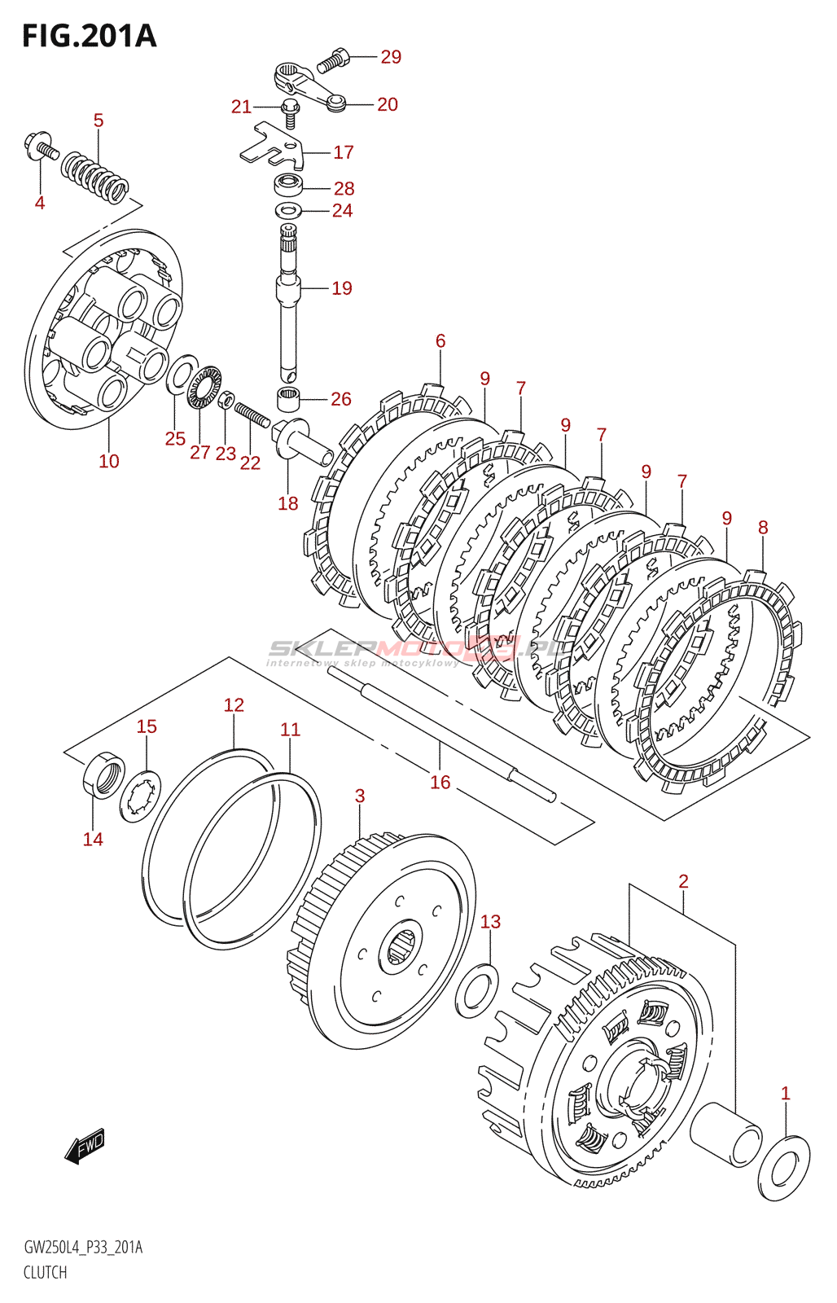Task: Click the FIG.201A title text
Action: point(89,36)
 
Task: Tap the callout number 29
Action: point(391,56)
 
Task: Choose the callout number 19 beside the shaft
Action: point(342,287)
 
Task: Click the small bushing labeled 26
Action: point(288,400)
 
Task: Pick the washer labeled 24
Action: point(287,211)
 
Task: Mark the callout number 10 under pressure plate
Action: point(108,461)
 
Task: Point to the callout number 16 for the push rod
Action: point(440,782)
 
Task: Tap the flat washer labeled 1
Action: point(784,1169)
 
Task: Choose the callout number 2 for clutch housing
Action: point(683,880)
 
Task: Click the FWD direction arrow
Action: point(85,1146)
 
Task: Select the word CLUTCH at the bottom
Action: point(45,1272)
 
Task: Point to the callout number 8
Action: point(762,527)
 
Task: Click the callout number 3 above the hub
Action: point(360,796)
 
